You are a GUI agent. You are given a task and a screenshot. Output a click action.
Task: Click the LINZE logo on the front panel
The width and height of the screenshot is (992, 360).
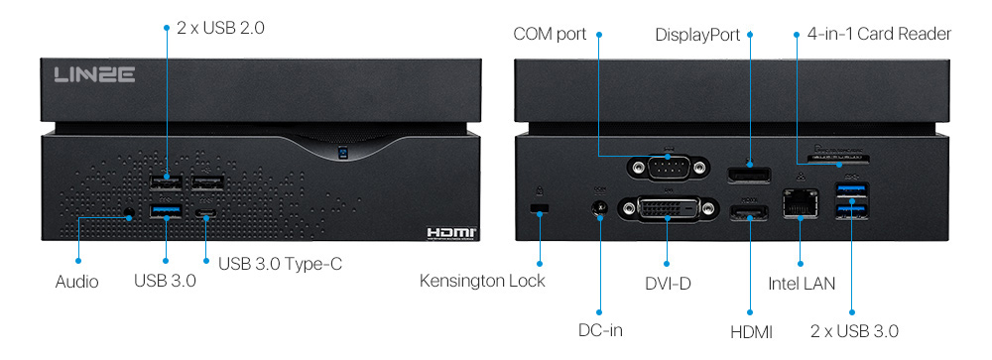94,74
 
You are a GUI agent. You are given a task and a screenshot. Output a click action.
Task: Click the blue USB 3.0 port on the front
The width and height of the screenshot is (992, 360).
167,210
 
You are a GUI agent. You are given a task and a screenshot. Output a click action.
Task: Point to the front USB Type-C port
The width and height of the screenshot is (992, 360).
206,213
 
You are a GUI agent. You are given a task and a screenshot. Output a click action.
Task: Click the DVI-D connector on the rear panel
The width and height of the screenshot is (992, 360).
668,209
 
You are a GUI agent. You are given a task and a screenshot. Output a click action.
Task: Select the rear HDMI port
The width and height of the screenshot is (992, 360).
750,213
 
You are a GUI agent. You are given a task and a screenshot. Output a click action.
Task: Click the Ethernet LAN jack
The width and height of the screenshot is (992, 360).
800,204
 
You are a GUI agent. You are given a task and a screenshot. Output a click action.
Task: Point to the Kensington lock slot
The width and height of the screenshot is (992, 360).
540,207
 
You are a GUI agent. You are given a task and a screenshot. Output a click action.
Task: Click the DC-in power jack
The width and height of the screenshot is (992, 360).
599,210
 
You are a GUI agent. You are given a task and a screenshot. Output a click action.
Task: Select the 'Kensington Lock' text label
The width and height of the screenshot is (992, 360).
482,282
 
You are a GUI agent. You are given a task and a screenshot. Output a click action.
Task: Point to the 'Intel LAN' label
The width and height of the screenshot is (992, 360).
802,284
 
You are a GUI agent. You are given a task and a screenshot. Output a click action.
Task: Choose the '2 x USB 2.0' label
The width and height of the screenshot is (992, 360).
220,28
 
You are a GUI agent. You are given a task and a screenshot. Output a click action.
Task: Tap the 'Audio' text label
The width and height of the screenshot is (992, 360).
76,283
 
